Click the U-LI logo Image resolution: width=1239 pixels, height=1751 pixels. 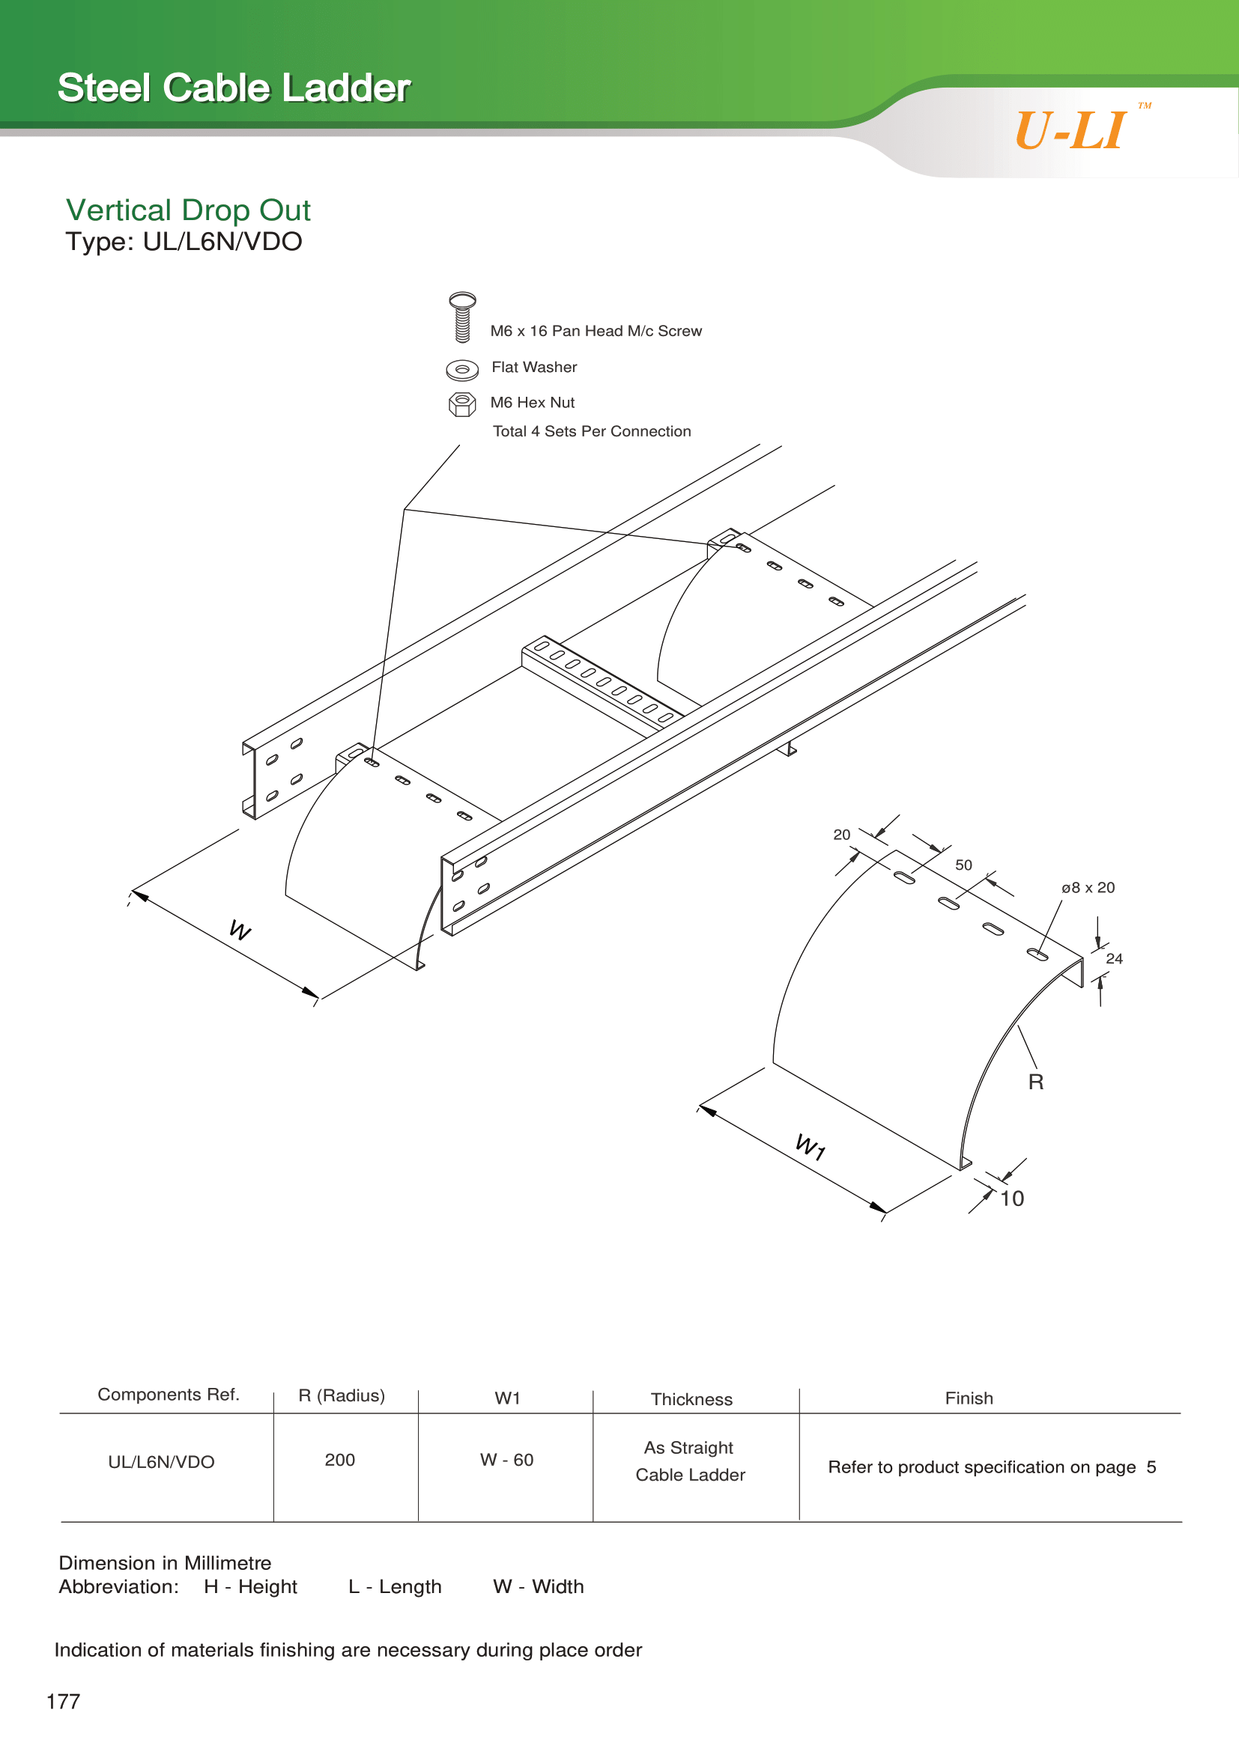[x=1071, y=130]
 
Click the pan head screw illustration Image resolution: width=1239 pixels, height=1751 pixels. [x=462, y=317]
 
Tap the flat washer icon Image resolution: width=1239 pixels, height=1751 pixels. [x=462, y=370]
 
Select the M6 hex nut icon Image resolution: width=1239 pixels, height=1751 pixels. [x=462, y=404]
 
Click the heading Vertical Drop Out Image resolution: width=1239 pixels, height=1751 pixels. [x=188, y=210]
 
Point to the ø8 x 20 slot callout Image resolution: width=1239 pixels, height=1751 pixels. [x=1088, y=888]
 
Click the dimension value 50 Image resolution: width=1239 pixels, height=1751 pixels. [x=963, y=865]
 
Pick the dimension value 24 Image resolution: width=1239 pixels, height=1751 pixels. [x=1114, y=959]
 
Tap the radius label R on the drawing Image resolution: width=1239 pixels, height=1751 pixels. [x=1036, y=1082]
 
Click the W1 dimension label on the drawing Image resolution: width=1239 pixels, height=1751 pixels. [x=811, y=1146]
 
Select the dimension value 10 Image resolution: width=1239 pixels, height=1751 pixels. [x=1013, y=1199]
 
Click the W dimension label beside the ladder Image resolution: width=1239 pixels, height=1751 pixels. [x=240, y=930]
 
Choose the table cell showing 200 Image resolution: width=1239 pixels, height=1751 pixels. [x=339, y=1460]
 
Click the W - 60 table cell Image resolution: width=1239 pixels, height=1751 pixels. [x=506, y=1460]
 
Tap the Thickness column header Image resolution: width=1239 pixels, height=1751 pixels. [x=691, y=1399]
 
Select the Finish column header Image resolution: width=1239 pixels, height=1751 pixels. [x=969, y=1398]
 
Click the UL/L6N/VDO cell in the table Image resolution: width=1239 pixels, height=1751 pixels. [x=161, y=1462]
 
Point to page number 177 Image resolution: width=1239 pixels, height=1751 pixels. [x=64, y=1702]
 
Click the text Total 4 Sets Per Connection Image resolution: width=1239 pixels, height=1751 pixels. [x=592, y=432]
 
